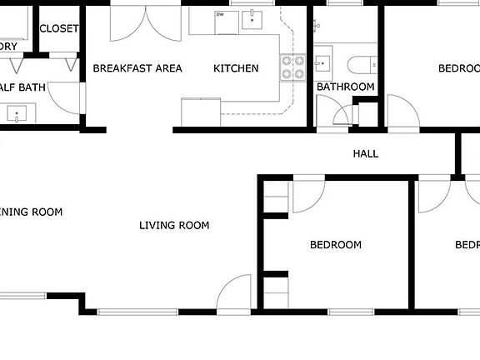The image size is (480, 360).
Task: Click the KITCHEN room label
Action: [236, 68]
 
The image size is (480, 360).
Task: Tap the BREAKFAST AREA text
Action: [137, 68]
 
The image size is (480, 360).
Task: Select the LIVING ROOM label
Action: [173, 225]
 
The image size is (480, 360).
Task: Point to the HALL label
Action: [365, 153]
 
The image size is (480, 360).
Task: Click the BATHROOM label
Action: [345, 87]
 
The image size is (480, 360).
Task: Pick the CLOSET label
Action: [58, 28]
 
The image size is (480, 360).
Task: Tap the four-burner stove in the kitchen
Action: [292, 67]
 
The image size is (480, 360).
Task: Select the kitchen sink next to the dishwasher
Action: [252, 20]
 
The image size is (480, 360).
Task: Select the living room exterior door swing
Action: [234, 293]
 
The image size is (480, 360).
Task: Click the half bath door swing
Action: [66, 98]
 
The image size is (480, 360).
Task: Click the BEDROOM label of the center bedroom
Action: [336, 245]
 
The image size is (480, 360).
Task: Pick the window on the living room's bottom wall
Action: [137, 312]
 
